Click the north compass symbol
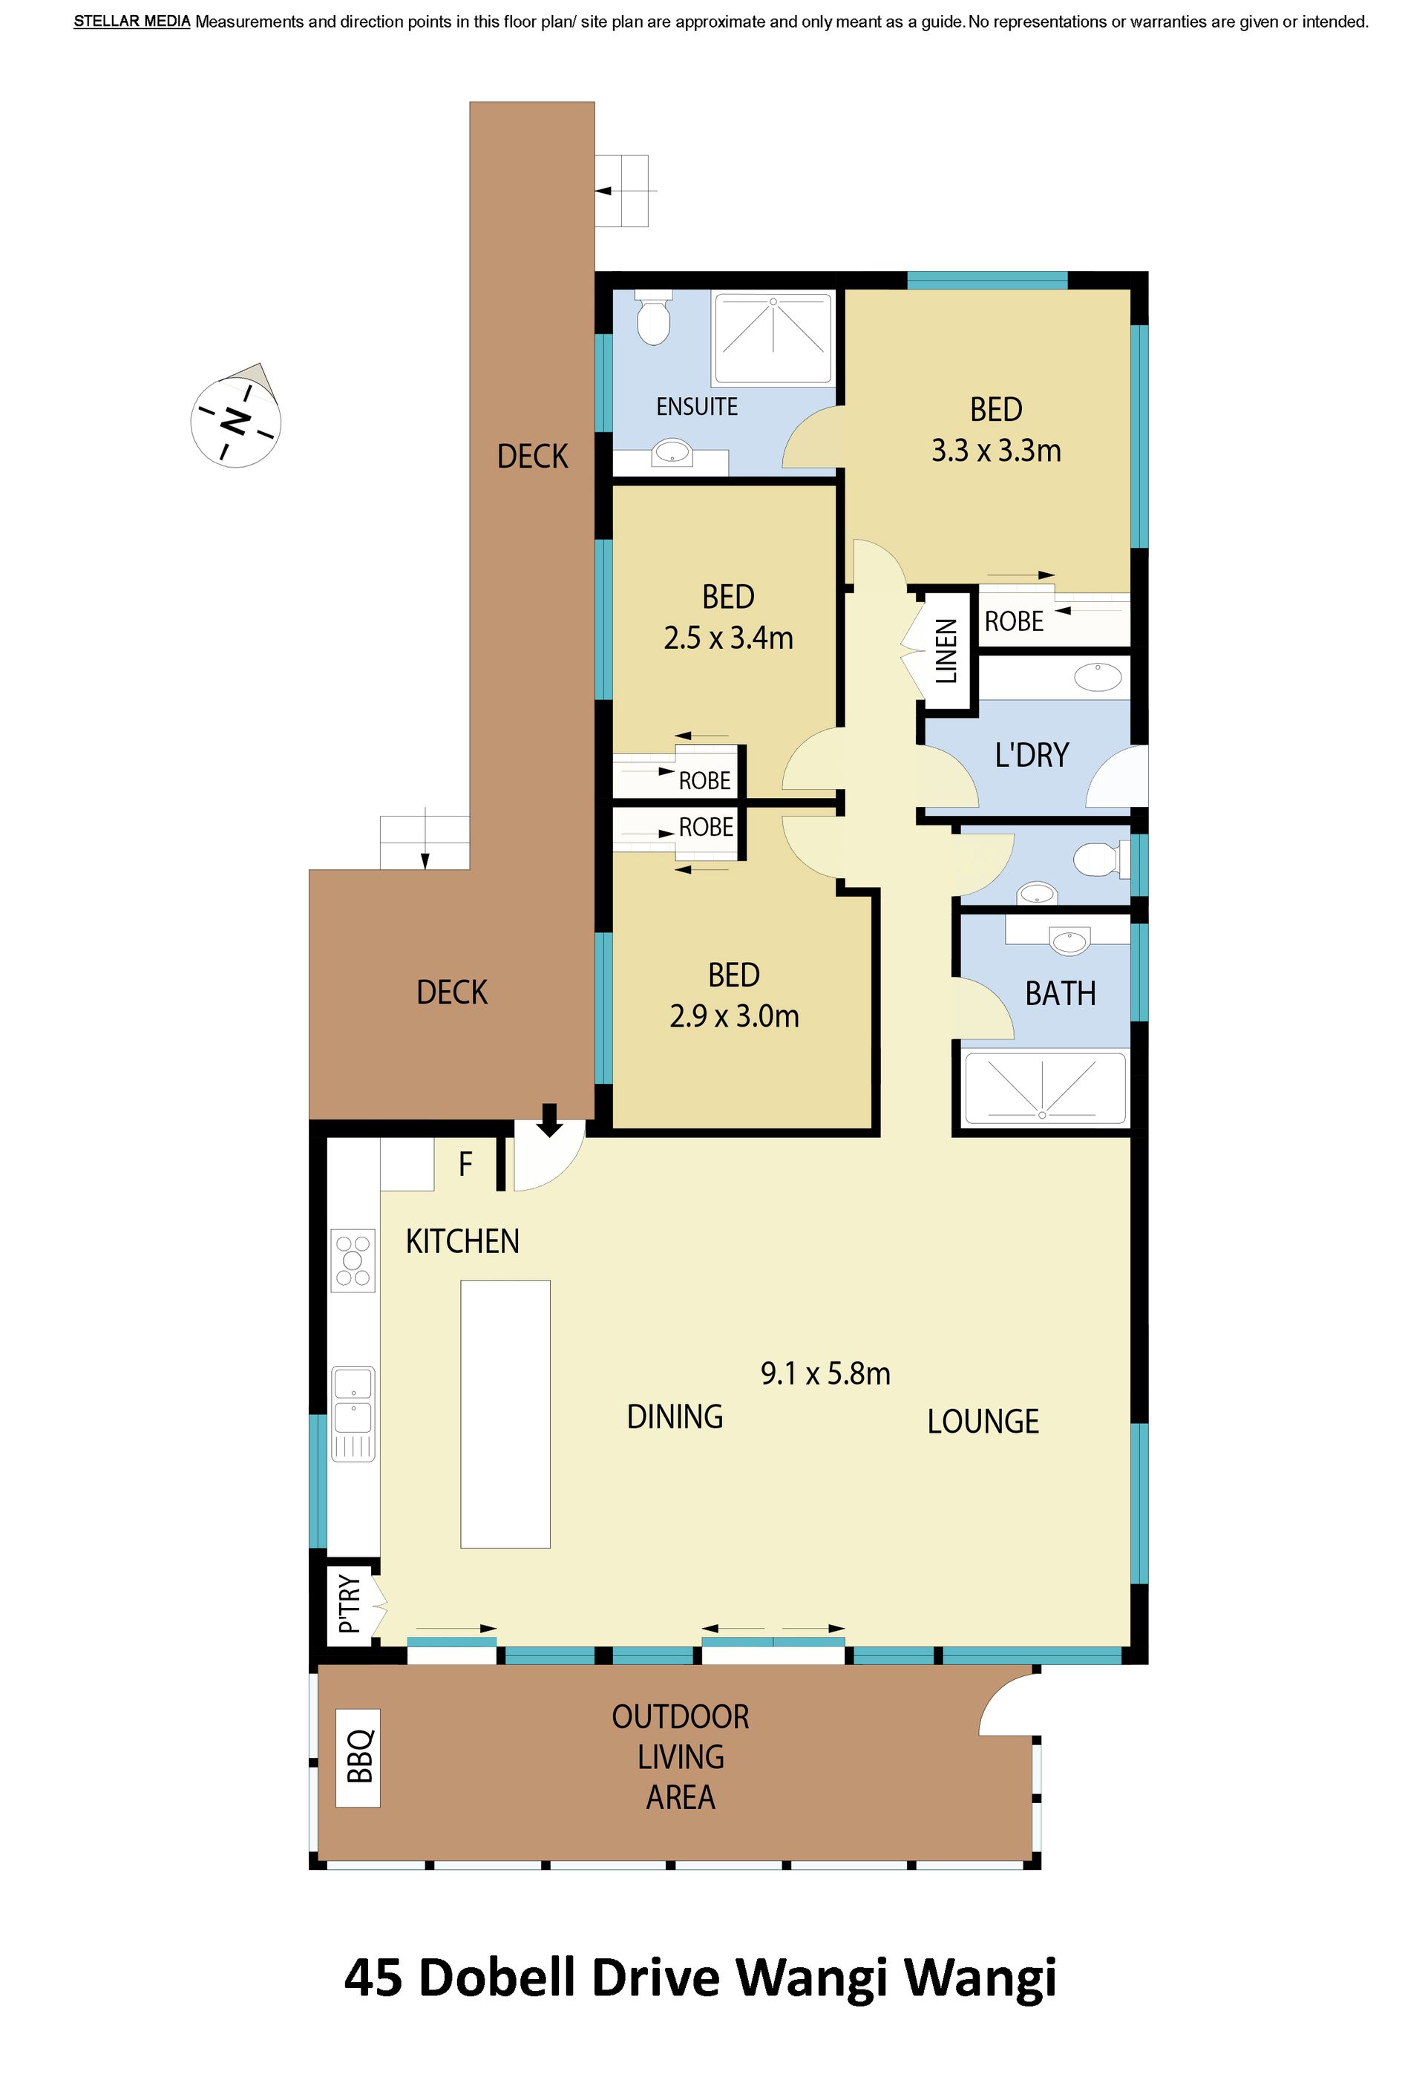(235, 418)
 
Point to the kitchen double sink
(353, 1413)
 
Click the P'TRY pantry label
(350, 1605)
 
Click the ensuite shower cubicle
(773, 338)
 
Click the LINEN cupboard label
(946, 651)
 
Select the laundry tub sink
(1098, 676)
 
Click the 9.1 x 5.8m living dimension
(825, 1373)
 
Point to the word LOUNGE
(983, 1422)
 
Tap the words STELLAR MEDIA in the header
(131, 22)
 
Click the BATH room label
(1060, 993)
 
